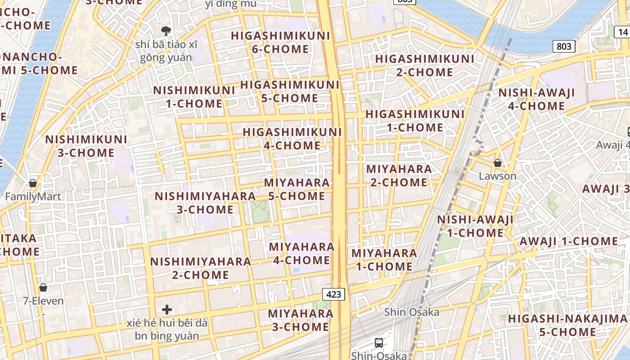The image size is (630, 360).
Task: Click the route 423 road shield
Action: click(x=333, y=294)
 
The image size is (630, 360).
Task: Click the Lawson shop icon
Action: click(x=498, y=162)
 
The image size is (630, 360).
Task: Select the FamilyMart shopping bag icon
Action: click(x=33, y=183)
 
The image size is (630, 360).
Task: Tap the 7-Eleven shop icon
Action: click(x=43, y=287)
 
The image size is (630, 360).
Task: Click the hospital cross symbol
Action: click(x=167, y=310)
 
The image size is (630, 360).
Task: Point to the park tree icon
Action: click(x=166, y=31)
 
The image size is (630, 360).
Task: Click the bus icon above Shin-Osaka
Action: click(x=379, y=342)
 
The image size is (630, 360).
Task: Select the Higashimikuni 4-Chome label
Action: click(x=292, y=139)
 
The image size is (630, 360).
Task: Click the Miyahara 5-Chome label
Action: click(x=297, y=189)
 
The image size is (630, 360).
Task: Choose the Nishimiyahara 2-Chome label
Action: click(x=201, y=268)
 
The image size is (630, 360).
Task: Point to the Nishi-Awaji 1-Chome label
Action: click(x=475, y=226)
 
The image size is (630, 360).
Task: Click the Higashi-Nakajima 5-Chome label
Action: click(x=567, y=325)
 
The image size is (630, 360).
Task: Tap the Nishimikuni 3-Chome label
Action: click(x=86, y=146)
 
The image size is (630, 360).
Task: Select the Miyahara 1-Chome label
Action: click(x=384, y=260)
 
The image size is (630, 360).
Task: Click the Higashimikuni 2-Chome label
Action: click(x=425, y=65)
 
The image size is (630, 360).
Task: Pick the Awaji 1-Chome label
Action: click(x=569, y=241)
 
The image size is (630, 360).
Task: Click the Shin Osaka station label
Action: click(x=411, y=312)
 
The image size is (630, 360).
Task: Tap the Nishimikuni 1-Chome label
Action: click(x=194, y=97)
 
